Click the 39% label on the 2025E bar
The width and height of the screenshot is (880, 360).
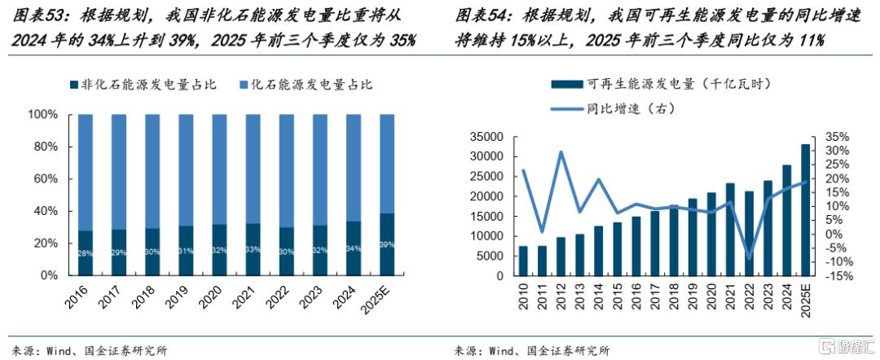pyautogui.click(x=386, y=244)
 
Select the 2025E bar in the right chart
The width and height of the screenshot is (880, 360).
pyautogui.click(x=806, y=210)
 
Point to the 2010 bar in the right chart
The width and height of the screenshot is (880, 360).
pyautogui.click(x=522, y=261)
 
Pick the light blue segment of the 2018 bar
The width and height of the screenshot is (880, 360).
pyautogui.click(x=152, y=171)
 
